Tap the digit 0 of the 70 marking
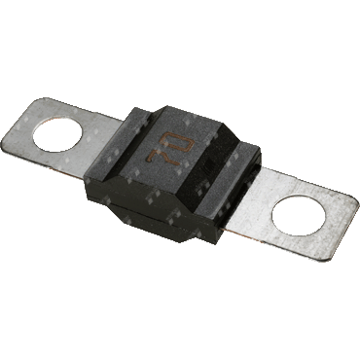tap(181, 144)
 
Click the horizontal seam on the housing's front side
tap(153, 211)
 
